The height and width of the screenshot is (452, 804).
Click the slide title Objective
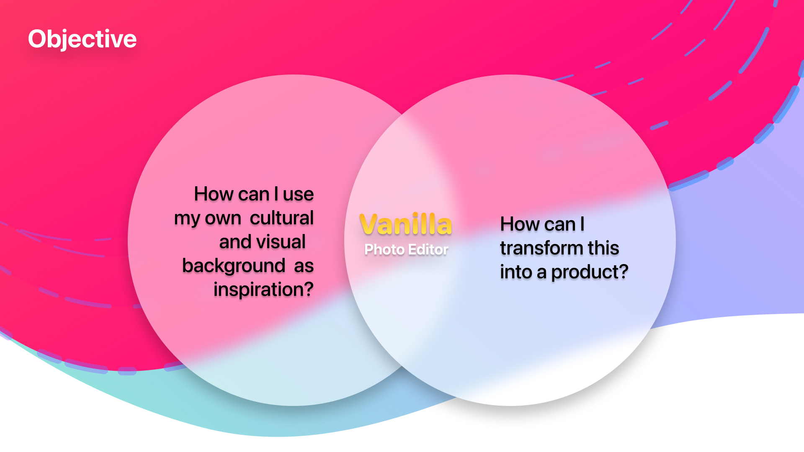82,39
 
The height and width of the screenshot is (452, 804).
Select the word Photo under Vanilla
384,249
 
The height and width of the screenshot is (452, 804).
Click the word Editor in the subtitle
428,249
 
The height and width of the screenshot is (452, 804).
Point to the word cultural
282,218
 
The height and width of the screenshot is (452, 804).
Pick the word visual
281,242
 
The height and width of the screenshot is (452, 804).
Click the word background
234,266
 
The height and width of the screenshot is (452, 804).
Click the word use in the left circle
298,195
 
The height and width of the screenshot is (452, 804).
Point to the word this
603,248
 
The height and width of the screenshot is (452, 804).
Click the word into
516,272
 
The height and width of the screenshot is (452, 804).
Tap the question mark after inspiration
309,289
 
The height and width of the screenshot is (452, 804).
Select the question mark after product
624,272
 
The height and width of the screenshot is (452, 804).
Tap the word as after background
304,267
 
